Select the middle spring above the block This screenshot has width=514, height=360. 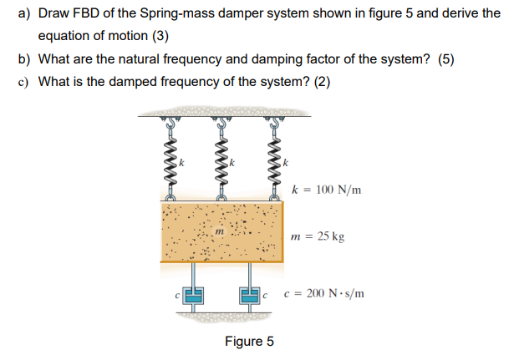(221, 159)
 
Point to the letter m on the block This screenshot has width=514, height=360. (220, 230)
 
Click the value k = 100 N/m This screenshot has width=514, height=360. (328, 190)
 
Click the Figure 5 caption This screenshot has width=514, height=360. (249, 342)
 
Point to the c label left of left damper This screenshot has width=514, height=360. (177, 295)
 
